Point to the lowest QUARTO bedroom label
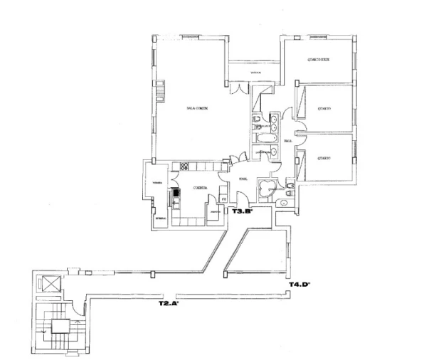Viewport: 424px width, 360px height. click(324, 159)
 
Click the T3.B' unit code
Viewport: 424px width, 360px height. click(243, 211)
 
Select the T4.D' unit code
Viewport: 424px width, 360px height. click(297, 285)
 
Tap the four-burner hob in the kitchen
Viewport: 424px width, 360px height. click(183, 167)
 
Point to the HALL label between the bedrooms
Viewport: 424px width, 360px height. click(288, 141)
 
